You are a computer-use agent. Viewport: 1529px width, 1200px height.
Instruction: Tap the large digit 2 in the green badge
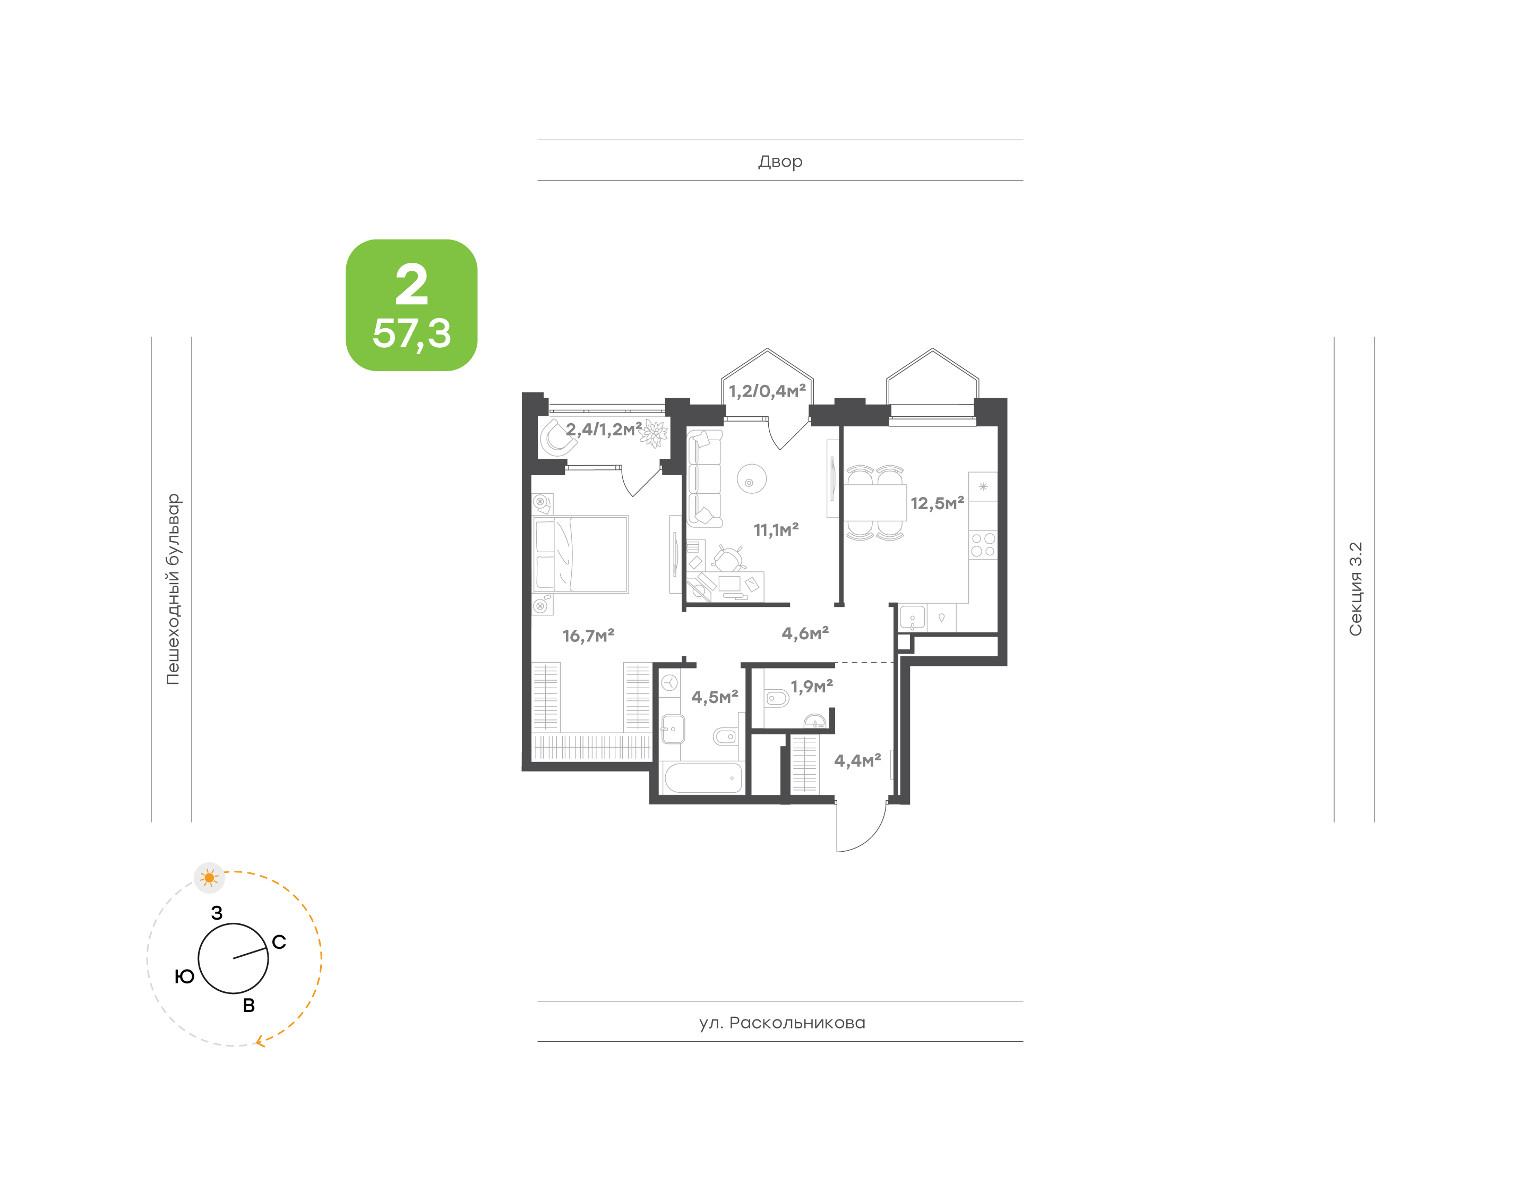click(411, 285)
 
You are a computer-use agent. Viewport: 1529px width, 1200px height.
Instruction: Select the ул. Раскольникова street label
click(781, 1022)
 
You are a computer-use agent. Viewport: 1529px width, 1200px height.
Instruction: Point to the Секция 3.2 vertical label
click(1355, 589)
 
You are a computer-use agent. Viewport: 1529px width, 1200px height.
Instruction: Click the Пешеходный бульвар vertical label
click(173, 589)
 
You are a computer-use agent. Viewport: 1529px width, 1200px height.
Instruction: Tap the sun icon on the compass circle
click(209, 878)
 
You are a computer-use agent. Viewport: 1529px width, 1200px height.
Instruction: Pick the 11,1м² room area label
click(776, 530)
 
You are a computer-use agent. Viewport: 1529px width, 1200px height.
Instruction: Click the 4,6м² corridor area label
click(805, 633)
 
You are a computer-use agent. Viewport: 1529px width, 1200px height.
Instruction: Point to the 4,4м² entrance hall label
click(857, 760)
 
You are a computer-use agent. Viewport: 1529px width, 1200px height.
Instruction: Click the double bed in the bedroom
click(581, 554)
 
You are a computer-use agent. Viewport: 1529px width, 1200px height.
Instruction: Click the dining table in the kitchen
click(874, 502)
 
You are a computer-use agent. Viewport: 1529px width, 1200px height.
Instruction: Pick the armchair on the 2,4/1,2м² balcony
click(556, 437)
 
